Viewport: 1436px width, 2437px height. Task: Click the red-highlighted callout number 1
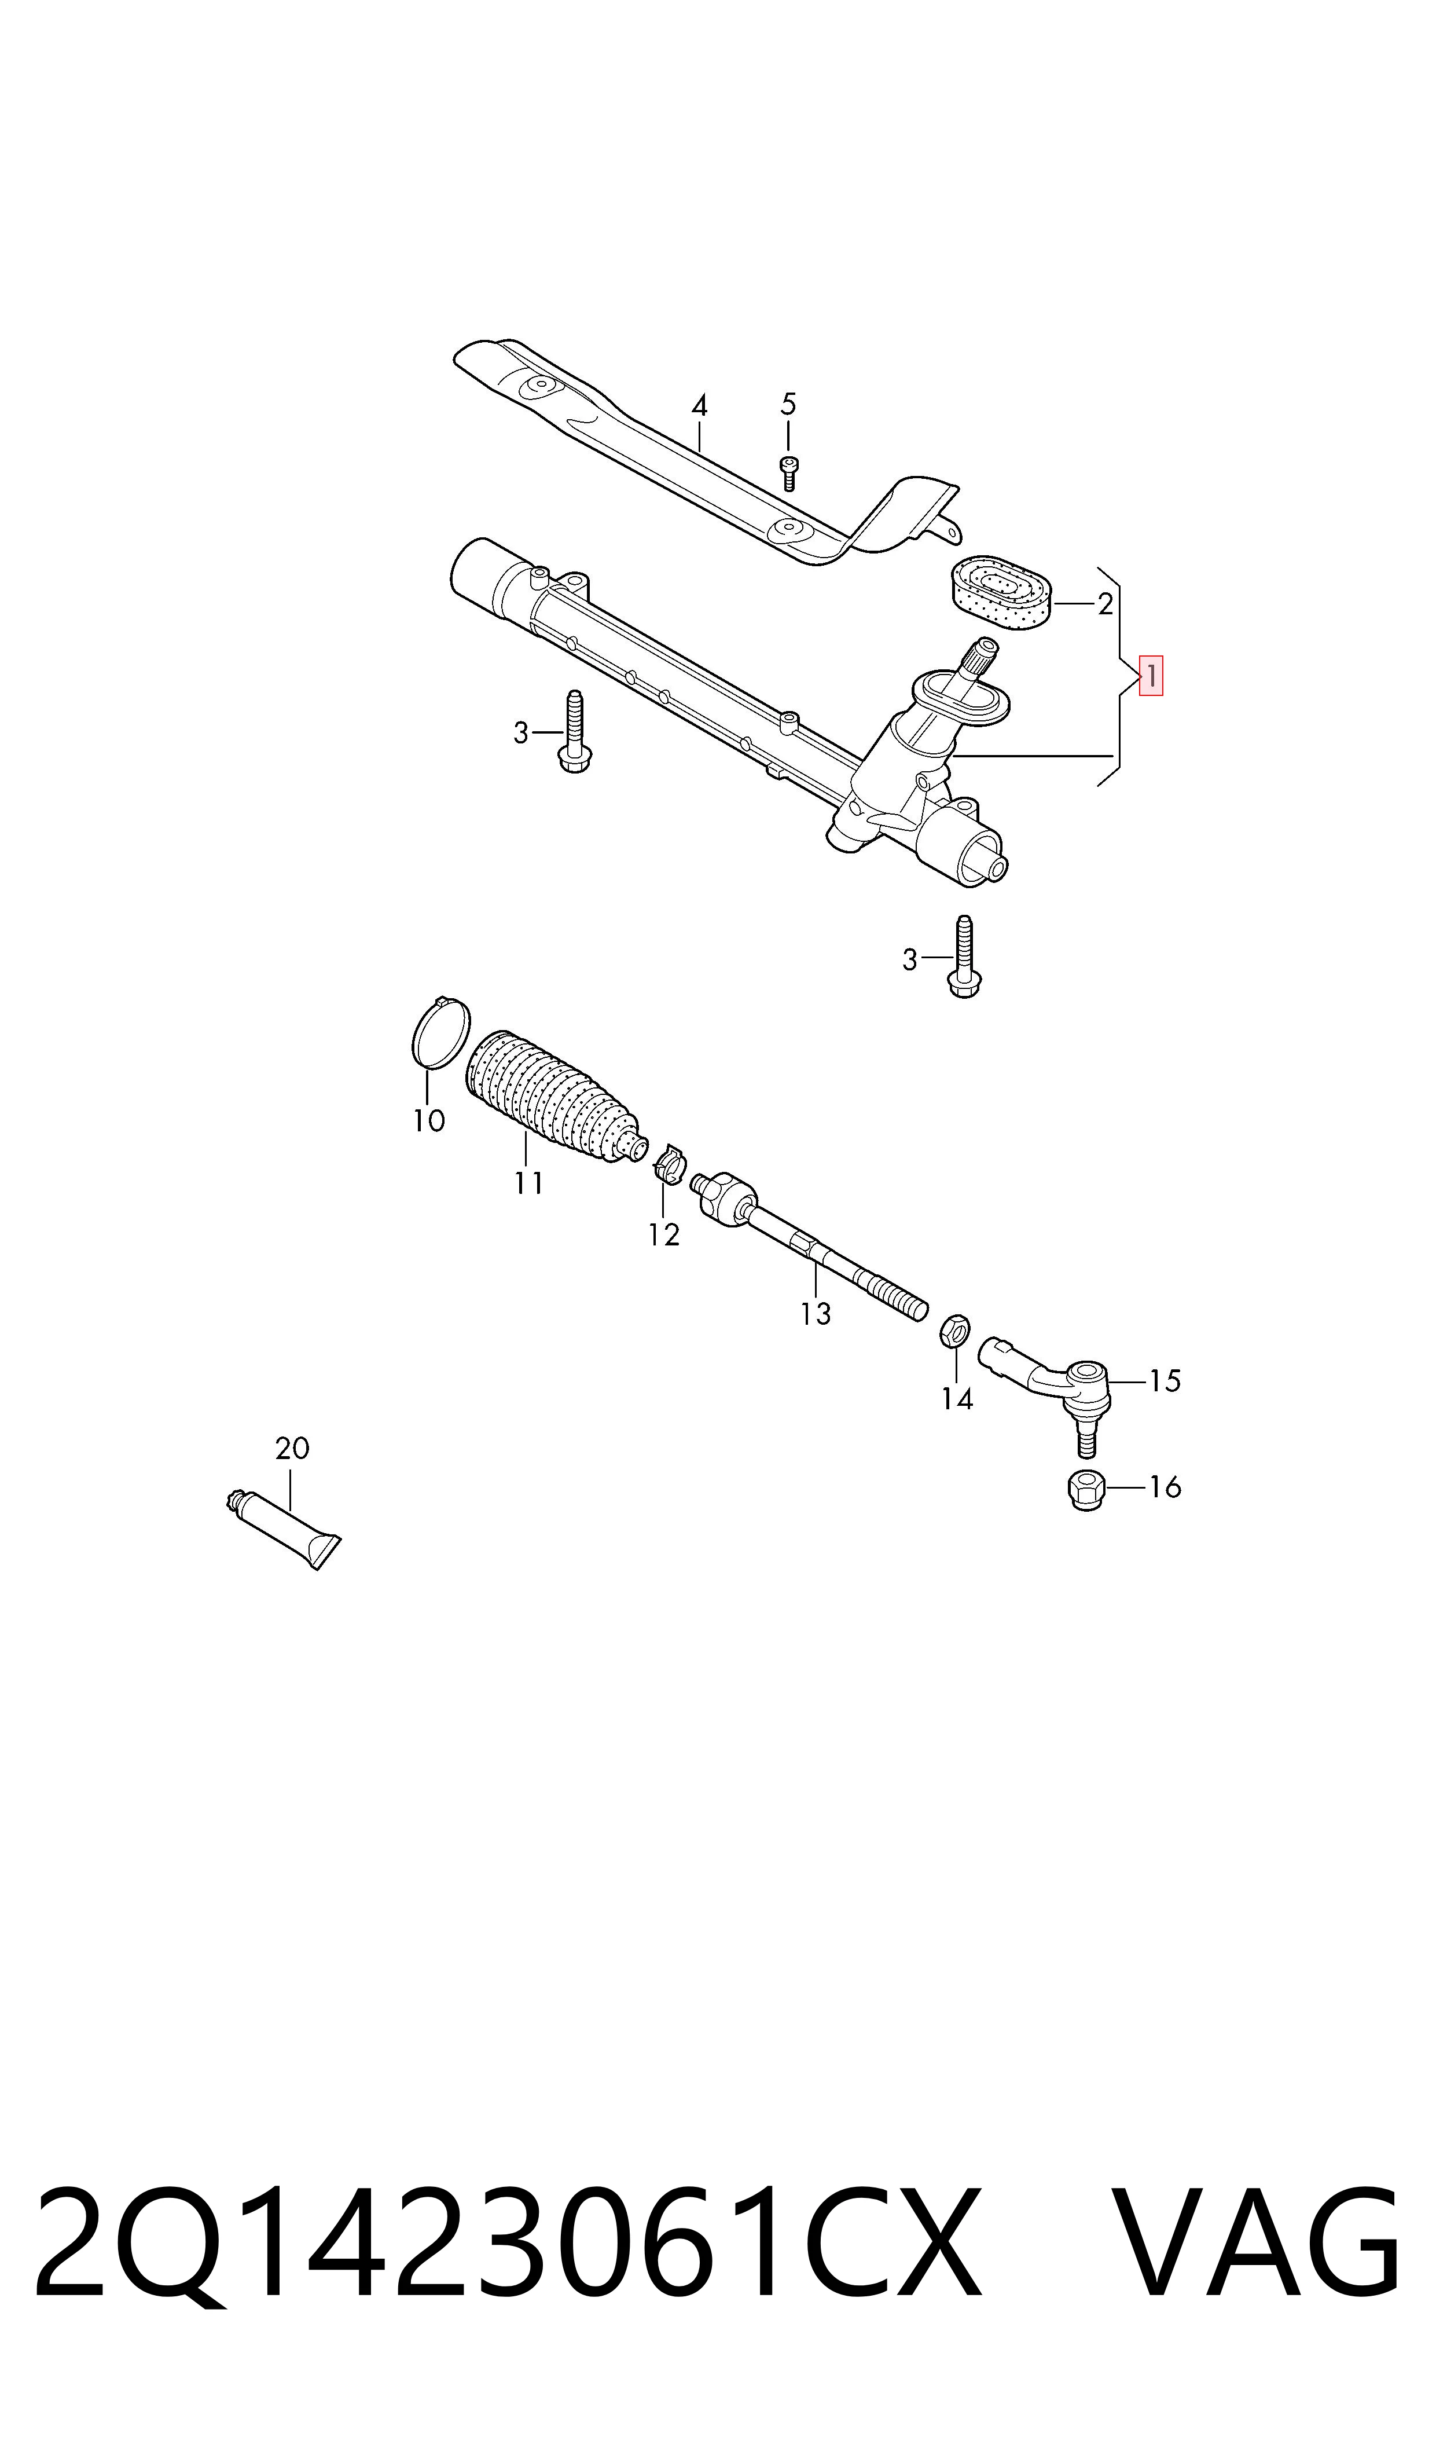point(1151,676)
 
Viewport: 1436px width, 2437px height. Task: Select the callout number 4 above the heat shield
point(699,405)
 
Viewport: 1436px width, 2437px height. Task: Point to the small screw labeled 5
point(789,472)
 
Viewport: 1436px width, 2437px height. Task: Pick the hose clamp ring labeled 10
point(441,1034)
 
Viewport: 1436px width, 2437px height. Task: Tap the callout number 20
point(292,1448)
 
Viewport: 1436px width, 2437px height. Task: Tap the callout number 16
point(1165,1487)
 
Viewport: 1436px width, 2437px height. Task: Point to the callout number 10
point(429,1121)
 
